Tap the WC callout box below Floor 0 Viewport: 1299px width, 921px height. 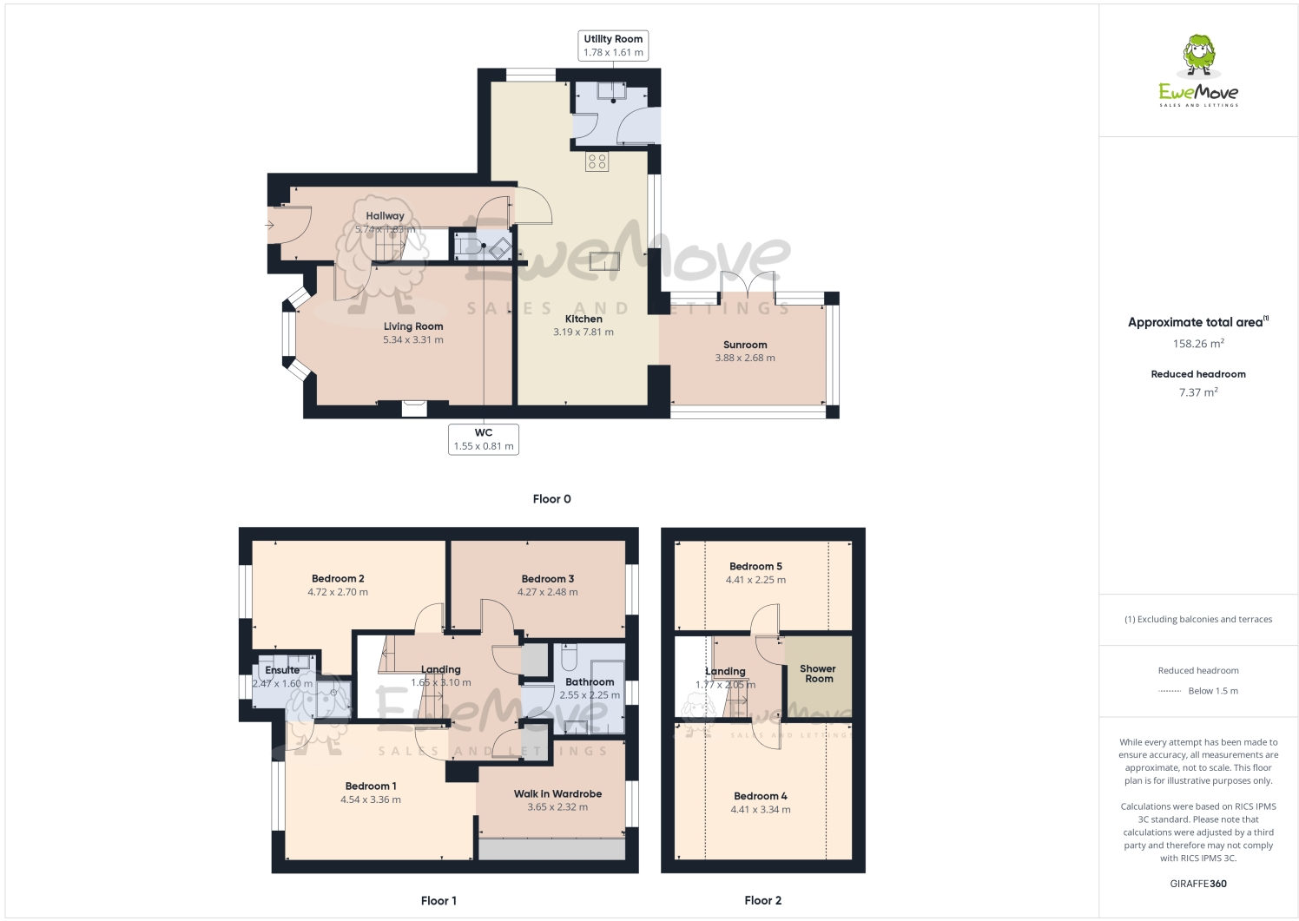(484, 439)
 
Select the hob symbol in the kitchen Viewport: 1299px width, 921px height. (597, 161)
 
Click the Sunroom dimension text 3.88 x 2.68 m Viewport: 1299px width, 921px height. (745, 358)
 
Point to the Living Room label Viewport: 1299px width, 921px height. (413, 326)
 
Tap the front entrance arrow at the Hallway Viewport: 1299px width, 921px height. (270, 226)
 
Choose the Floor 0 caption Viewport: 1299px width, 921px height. (551, 499)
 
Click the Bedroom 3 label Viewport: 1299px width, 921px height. (547, 579)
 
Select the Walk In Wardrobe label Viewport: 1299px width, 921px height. (557, 793)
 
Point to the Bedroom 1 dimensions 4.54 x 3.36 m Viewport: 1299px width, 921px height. (371, 799)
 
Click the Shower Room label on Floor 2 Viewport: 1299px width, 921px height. (818, 674)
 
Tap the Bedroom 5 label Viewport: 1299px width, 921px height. (755, 566)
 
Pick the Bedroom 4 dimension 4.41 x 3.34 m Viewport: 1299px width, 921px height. (761, 809)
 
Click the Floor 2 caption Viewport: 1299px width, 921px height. (762, 900)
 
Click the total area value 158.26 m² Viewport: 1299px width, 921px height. (1198, 344)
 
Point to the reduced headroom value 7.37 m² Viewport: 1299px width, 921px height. (1198, 392)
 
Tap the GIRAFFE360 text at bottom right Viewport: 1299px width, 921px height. (1198, 884)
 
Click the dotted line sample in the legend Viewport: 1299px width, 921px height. (1170, 691)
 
